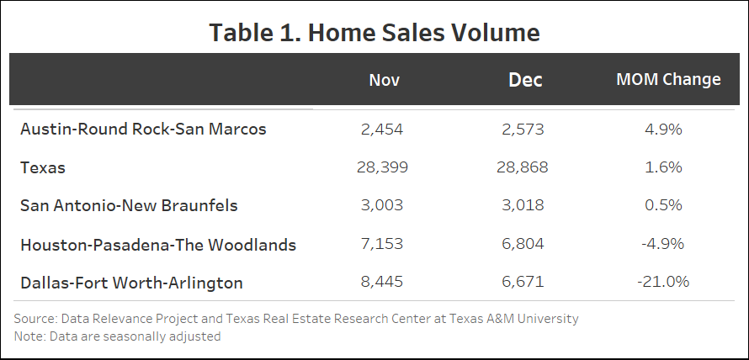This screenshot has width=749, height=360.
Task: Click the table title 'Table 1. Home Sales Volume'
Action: click(x=374, y=33)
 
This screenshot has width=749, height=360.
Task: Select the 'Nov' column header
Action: click(x=385, y=80)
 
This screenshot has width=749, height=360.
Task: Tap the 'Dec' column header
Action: click(x=525, y=80)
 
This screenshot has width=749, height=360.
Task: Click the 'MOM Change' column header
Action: click(x=668, y=79)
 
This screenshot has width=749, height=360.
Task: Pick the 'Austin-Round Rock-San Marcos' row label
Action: click(x=143, y=129)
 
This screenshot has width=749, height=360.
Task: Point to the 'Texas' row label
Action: click(x=43, y=167)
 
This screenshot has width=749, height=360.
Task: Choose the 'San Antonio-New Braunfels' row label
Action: click(x=129, y=205)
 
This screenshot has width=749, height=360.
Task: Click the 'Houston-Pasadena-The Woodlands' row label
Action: click(x=158, y=244)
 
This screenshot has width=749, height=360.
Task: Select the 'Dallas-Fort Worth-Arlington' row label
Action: click(x=131, y=283)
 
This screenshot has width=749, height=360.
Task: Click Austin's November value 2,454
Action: click(x=382, y=129)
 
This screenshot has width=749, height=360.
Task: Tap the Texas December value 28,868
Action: click(x=523, y=167)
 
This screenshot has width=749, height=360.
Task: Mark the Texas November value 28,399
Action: click(x=382, y=167)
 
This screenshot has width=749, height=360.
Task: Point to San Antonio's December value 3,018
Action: click(x=523, y=205)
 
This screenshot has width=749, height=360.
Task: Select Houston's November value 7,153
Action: click(x=382, y=244)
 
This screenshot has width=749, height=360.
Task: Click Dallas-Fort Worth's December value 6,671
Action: click(x=523, y=282)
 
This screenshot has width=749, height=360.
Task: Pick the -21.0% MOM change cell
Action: click(x=664, y=282)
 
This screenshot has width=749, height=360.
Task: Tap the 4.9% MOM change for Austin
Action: click(x=664, y=129)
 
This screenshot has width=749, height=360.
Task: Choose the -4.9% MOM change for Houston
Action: click(x=664, y=244)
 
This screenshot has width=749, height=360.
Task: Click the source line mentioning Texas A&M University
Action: click(x=296, y=319)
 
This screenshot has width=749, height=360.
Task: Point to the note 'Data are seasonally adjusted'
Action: click(x=117, y=336)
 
